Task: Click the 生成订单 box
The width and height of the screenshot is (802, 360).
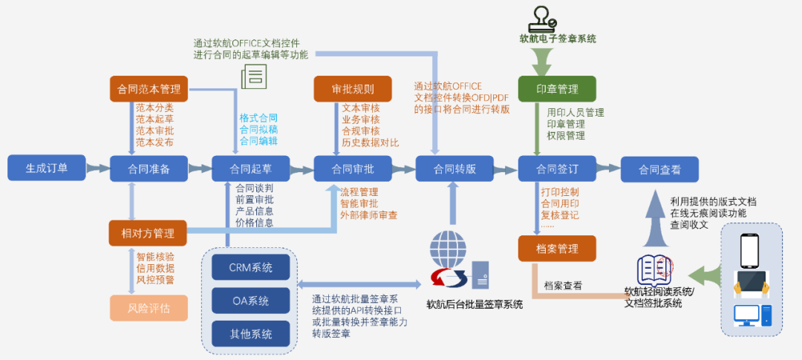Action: [x=47, y=168]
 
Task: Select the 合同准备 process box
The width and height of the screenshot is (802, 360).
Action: [x=149, y=168]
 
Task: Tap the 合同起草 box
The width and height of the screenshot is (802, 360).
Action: [x=250, y=168]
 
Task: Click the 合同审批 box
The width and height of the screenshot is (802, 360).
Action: [x=352, y=168]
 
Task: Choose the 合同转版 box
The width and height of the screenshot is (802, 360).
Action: [x=454, y=168]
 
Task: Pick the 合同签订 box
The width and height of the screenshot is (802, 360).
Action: [x=557, y=168]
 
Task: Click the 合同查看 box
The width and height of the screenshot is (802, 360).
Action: [x=659, y=168]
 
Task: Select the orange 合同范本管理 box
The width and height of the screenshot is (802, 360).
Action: [x=149, y=89]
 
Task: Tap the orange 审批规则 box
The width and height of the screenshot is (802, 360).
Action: [x=353, y=89]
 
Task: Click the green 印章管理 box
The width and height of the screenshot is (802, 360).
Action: [x=557, y=89]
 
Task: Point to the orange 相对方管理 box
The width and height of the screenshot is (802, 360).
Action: [x=148, y=233]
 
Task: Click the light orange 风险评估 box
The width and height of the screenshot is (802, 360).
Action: [x=149, y=307]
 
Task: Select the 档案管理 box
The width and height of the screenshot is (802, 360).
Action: [x=557, y=249]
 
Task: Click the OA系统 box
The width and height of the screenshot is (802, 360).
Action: [x=250, y=301]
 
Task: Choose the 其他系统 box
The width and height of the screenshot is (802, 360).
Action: [x=250, y=333]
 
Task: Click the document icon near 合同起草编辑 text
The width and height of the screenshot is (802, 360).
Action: [x=254, y=76]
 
